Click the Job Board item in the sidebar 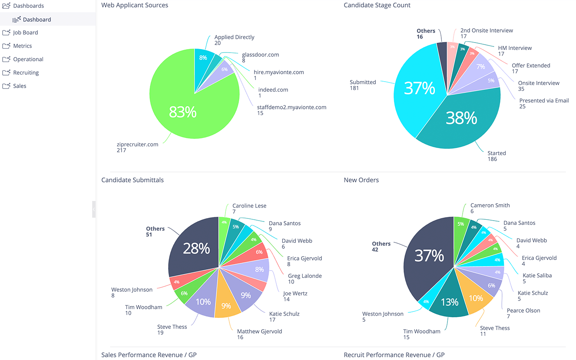25,33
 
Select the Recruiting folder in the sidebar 26,73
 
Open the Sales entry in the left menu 20,86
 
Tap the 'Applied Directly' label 234,37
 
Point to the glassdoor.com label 260,55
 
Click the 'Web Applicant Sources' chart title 135,5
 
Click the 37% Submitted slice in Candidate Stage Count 419,88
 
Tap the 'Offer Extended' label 530,66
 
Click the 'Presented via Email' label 544,101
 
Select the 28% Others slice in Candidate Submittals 196,248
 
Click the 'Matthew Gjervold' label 259,331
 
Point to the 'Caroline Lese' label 249,206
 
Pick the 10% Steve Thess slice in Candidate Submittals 202,301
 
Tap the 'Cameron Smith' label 490,205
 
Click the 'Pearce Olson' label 523,310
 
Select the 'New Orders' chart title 361,180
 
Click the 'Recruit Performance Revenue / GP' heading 394,355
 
